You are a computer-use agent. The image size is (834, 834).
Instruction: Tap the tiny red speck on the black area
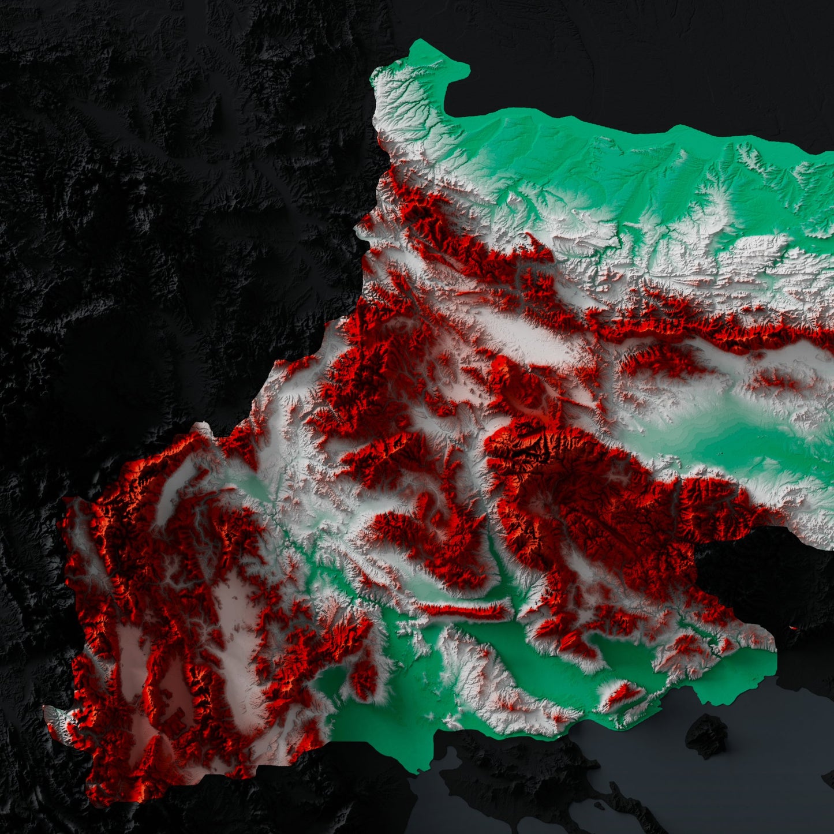click(792, 627)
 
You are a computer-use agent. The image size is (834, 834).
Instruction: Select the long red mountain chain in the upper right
click(693, 326)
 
